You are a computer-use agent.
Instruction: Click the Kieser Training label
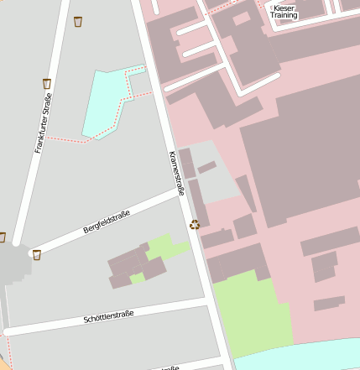(x=284, y=12)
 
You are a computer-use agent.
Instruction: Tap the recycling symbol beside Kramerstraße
(x=196, y=224)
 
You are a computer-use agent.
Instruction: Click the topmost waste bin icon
(x=78, y=21)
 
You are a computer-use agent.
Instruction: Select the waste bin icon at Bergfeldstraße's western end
(x=36, y=254)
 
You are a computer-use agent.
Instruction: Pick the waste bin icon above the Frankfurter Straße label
(x=47, y=83)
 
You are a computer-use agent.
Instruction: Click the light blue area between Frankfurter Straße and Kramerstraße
(x=104, y=101)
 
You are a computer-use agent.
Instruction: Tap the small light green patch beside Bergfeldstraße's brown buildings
(x=167, y=248)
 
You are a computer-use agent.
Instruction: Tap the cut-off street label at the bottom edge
(x=168, y=367)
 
